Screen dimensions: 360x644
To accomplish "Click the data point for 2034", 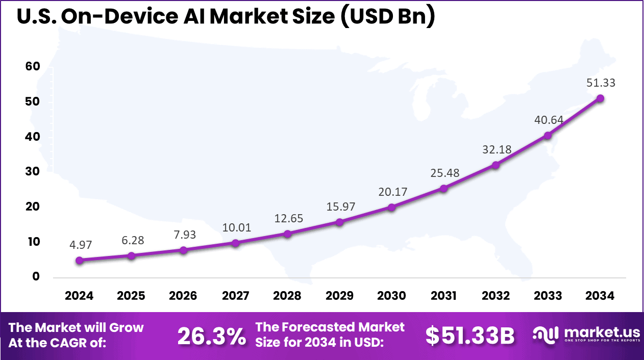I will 600,98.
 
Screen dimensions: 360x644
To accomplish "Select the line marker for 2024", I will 79,260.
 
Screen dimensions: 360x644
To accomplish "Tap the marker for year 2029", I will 339,222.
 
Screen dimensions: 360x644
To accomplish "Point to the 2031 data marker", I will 443,189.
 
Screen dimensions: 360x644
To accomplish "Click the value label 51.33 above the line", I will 600,83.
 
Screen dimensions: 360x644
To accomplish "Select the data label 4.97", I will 79,245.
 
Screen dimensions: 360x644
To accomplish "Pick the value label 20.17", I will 391,192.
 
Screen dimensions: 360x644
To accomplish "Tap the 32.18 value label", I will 496,150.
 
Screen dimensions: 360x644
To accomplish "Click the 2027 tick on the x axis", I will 235,296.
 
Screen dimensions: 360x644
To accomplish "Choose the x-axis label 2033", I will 548,296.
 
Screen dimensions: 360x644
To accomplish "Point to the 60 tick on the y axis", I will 32,67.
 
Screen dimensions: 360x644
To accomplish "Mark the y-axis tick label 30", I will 32,172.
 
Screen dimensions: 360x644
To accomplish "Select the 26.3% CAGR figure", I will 211,336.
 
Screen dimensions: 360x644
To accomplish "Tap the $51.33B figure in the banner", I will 470,336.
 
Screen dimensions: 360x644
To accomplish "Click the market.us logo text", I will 596,332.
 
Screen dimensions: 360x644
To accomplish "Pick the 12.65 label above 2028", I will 287,218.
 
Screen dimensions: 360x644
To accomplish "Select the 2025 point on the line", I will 131,255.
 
